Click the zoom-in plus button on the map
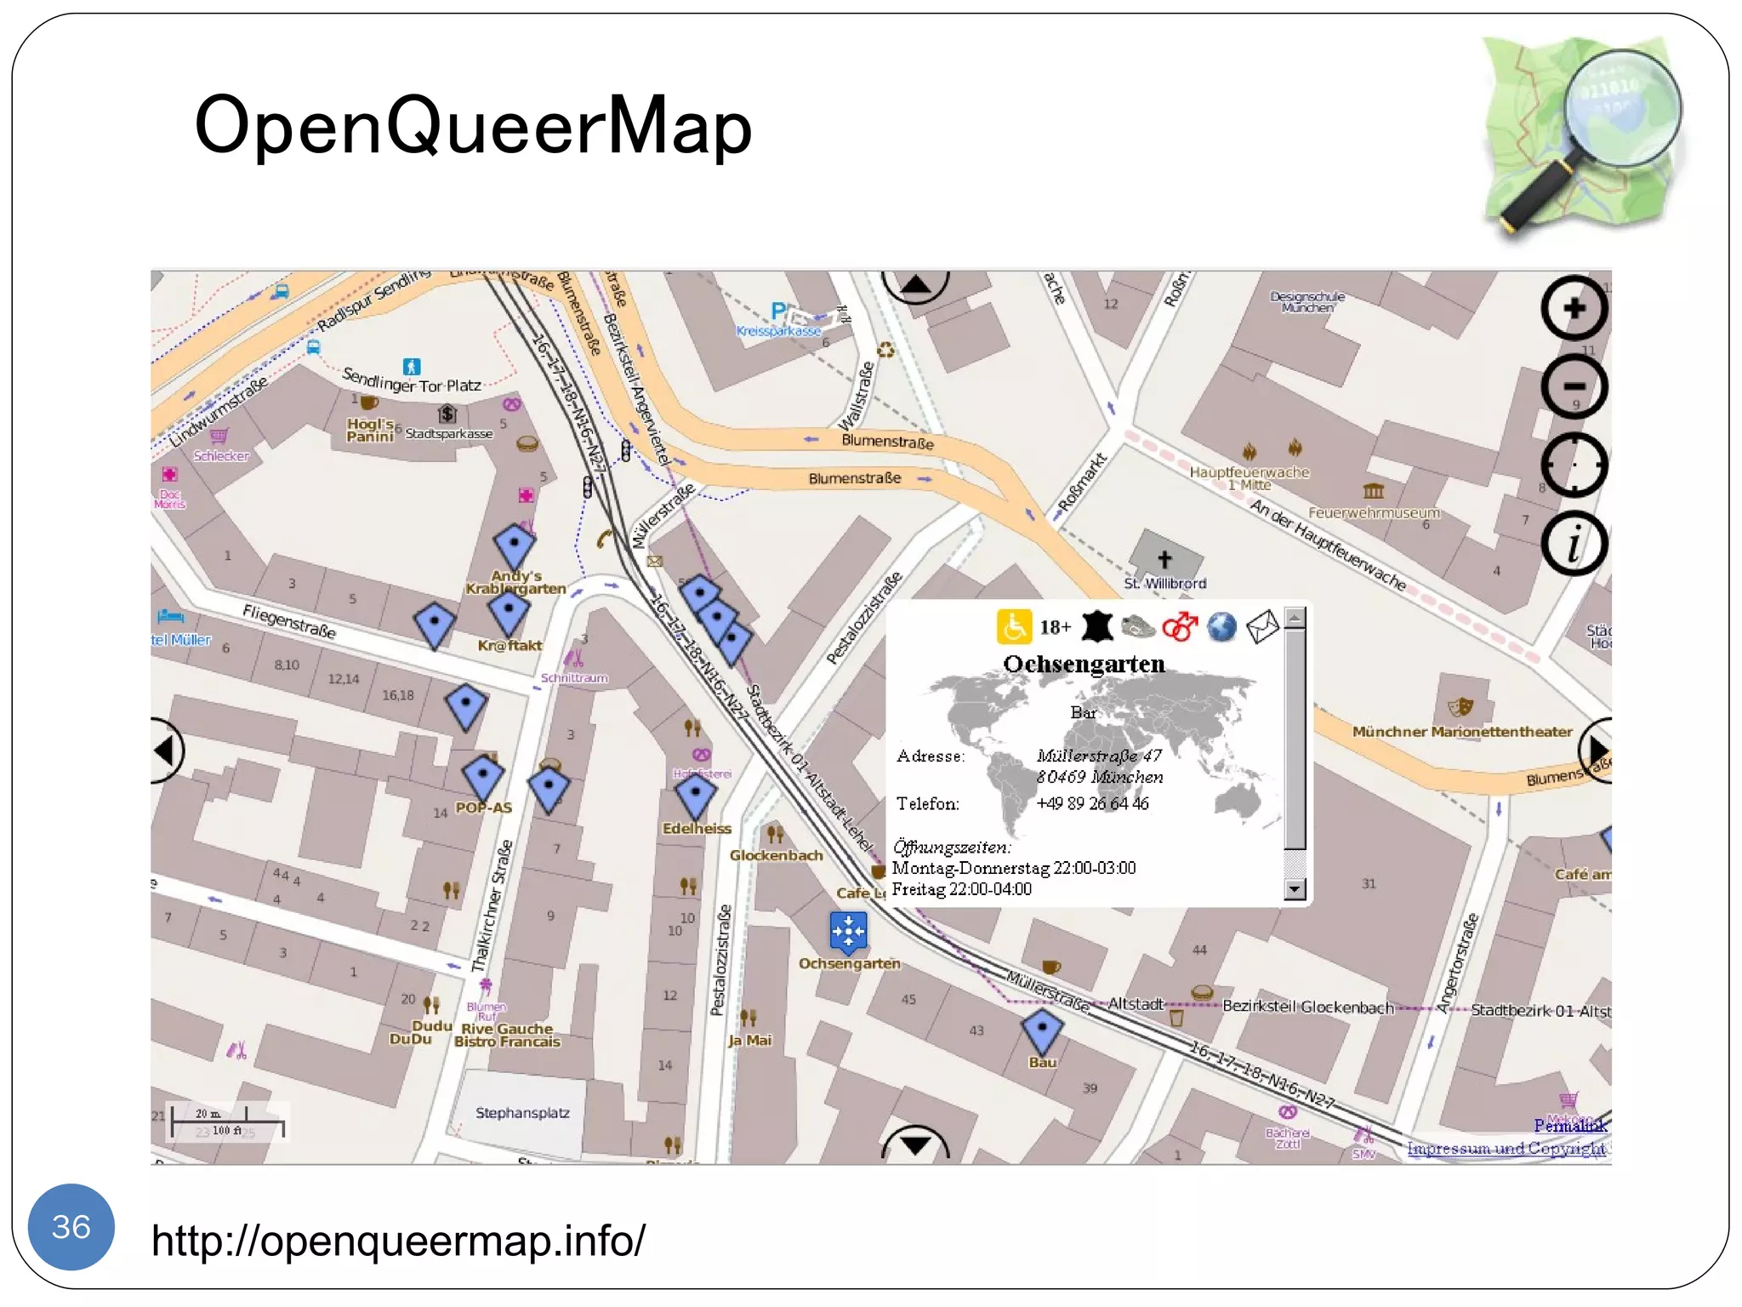[x=1574, y=308]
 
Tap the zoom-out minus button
[x=1574, y=386]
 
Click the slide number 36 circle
[x=71, y=1226]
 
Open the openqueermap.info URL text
[x=398, y=1240]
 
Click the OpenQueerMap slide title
[x=473, y=126]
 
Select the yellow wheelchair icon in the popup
[x=1014, y=627]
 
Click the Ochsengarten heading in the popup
[x=1084, y=664]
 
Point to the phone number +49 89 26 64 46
[x=1092, y=803]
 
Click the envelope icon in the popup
[x=1262, y=627]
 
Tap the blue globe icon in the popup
[x=1221, y=627]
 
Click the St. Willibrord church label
[x=1164, y=584]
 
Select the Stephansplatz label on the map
[x=522, y=1113]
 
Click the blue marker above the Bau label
[x=1042, y=1029]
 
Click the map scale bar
[x=227, y=1122]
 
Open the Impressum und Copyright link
[x=1506, y=1148]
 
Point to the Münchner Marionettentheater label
[x=1462, y=732]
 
